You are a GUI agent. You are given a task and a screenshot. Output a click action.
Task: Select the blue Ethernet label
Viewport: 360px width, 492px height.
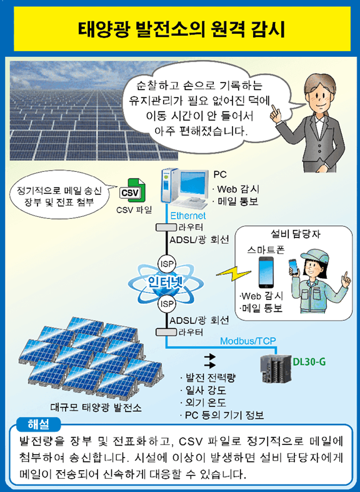point(188,216)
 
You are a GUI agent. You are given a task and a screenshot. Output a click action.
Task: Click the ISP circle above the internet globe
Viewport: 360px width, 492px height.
point(167,264)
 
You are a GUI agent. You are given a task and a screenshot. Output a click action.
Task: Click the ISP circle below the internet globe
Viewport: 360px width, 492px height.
point(167,304)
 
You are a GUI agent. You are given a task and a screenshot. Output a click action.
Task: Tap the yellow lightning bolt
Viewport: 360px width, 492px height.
point(233,274)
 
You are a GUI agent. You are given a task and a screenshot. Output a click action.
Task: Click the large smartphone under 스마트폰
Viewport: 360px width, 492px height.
point(266,272)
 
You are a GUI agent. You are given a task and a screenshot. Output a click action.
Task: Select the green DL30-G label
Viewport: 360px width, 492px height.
point(309,362)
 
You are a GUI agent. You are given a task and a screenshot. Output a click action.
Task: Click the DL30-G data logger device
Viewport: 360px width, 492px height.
point(276,367)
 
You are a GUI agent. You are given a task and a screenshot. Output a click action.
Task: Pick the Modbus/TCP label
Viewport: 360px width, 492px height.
point(247,341)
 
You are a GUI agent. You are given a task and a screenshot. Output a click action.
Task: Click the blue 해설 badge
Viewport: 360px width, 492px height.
point(38,424)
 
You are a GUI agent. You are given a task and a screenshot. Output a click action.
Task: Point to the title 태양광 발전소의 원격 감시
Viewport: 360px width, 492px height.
point(182,29)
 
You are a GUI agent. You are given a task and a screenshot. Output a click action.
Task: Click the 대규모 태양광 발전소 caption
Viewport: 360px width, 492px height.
point(96,407)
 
